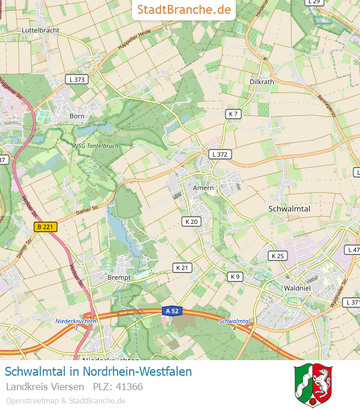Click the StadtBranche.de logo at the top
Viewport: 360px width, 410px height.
tap(184, 10)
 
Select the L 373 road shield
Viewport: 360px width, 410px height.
tap(77, 79)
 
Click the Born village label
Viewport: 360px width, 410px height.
tap(77, 116)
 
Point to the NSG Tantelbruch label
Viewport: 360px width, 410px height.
tap(95, 146)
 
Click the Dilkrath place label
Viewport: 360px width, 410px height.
tap(261, 82)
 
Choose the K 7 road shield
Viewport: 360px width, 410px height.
tap(233, 114)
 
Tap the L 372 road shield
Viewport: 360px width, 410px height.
tap(220, 154)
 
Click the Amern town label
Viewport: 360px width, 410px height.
tap(203, 188)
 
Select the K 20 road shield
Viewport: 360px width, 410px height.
tap(191, 222)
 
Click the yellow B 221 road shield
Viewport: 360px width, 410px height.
tap(46, 226)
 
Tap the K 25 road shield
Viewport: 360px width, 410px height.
tap(277, 256)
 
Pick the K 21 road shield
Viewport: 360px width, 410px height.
tap(182, 267)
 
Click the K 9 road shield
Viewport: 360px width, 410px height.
tap(235, 277)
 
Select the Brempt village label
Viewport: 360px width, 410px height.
tap(118, 278)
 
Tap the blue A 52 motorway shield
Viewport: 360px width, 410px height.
tap(171, 311)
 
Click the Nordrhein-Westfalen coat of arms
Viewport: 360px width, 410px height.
tap(313, 385)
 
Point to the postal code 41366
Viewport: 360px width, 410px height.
tap(130, 387)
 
